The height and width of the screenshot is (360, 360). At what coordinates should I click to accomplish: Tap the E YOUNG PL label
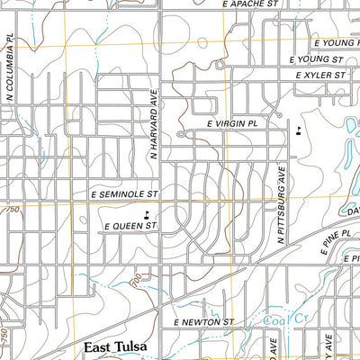click(336, 42)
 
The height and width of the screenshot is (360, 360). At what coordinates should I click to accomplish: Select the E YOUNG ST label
click(318, 58)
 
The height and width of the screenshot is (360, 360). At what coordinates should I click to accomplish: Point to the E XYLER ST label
click(319, 76)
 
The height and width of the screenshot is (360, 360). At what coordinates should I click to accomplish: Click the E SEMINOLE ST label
click(124, 193)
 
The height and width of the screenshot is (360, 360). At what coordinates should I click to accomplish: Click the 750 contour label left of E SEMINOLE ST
click(10, 210)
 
